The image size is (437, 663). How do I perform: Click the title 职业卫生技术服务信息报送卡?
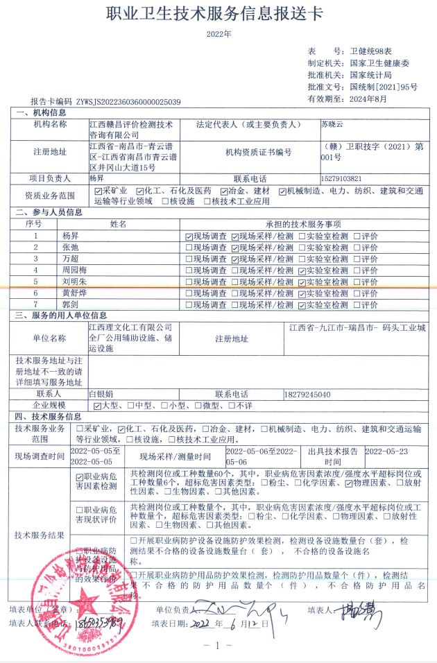pos(218,13)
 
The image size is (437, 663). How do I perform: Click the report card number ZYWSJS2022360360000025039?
pos(128,102)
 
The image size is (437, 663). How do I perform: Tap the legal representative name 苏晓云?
pos(332,124)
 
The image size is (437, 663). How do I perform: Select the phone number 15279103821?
pos(342,178)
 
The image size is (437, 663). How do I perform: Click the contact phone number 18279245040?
pos(307,394)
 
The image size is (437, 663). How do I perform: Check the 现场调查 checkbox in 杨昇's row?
pos(189,236)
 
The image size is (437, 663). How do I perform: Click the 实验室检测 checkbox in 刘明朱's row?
pos(301,282)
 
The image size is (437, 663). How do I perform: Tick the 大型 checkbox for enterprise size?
pos(97,405)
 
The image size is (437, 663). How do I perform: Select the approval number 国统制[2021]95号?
pos(384,87)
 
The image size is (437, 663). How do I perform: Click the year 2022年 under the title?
pos(218,33)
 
